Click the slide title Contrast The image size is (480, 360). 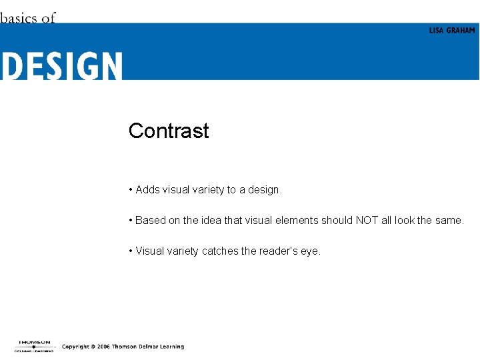pos(169,131)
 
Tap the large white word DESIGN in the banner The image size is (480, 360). pos(61,67)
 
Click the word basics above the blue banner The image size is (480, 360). pos(19,18)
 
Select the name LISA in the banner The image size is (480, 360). pos(436,31)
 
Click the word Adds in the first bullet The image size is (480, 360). pos(147,190)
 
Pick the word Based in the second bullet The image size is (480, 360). pos(150,221)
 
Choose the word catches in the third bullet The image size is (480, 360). pos(219,251)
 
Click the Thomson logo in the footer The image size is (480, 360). pos(34,345)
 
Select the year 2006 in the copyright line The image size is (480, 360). pos(103,347)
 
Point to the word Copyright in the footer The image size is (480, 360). pos(76,347)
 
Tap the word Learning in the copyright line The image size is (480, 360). pos(173,347)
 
